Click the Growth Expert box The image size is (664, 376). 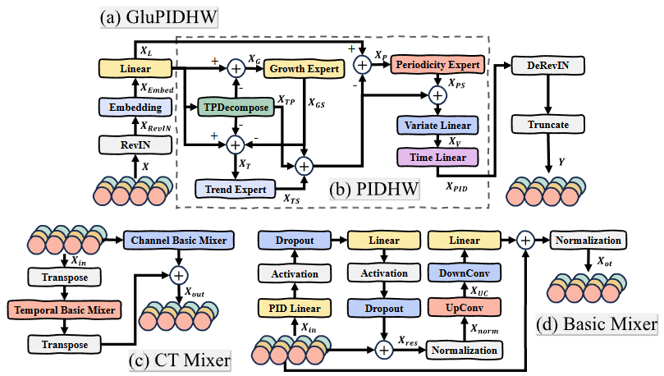click(304, 70)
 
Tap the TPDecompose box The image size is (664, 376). click(236, 108)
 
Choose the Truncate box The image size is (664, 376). click(543, 124)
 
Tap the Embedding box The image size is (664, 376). click(135, 107)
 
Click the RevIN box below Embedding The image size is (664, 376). click(135, 144)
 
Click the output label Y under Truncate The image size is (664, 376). click(563, 162)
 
